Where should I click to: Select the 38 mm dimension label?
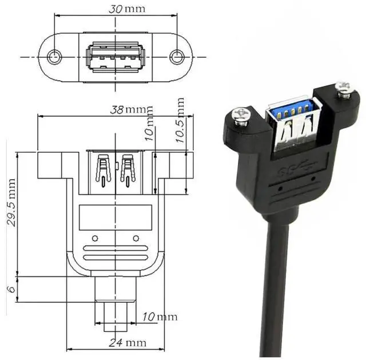[x=128, y=109]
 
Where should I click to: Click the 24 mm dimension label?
[x=128, y=343]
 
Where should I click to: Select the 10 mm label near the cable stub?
[x=160, y=317]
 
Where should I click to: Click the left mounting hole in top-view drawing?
[x=55, y=57]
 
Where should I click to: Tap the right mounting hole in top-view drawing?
[x=177, y=57]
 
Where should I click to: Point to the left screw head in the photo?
[x=241, y=116]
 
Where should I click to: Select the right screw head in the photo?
[x=344, y=89]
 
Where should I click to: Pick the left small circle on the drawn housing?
[x=95, y=238]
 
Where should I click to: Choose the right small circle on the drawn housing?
[x=136, y=238]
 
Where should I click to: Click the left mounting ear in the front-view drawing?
[x=50, y=165]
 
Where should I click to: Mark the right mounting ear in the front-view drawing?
[x=179, y=165]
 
